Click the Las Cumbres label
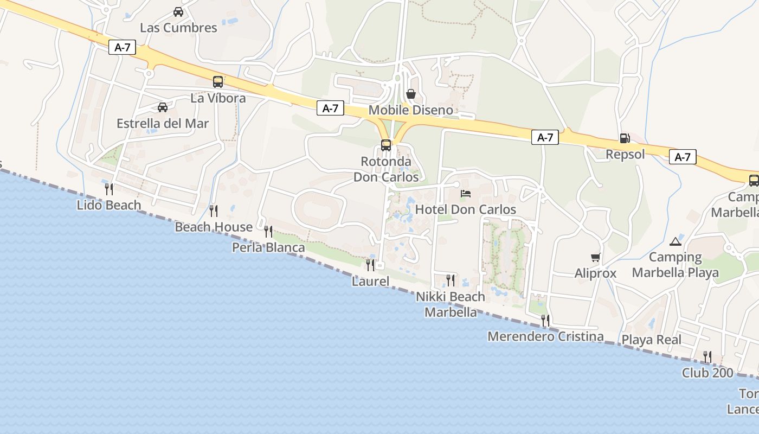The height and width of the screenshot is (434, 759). coord(178,28)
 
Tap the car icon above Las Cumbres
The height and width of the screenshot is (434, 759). coord(178,11)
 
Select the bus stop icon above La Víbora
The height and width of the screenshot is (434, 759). coord(218,82)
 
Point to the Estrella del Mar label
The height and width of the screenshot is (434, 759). coord(163,123)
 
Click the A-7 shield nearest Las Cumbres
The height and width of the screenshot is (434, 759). coord(123,47)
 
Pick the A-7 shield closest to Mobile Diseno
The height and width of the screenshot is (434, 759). coord(330,108)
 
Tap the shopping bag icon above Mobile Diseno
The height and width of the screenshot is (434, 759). coord(411,94)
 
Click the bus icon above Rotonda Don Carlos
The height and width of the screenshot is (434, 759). coord(386,145)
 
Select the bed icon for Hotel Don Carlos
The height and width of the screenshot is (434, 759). coord(466,193)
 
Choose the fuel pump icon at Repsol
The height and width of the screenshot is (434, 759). coord(625,138)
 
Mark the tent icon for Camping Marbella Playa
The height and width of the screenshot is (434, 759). coord(675,241)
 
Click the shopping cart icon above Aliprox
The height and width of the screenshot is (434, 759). coord(596,257)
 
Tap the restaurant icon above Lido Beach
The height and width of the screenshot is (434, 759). coord(109,189)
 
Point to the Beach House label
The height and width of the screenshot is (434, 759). coord(214,227)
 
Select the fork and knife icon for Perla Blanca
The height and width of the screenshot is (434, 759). coord(268,232)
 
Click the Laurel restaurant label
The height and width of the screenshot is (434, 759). coord(370,281)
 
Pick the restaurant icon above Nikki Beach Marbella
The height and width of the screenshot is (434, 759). coord(451,280)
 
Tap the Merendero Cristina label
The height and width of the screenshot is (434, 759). coord(545,336)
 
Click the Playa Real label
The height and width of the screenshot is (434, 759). coord(652,340)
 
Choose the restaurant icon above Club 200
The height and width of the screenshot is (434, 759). coord(707,356)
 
